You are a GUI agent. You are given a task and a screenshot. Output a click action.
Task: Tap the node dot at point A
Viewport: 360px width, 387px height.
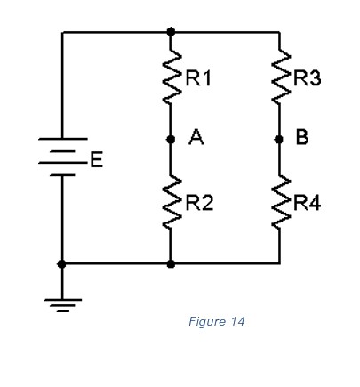[171, 139]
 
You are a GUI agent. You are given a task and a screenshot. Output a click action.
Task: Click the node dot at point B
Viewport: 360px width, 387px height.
[279, 139]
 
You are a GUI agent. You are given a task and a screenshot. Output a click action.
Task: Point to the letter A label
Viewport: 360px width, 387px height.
[196, 138]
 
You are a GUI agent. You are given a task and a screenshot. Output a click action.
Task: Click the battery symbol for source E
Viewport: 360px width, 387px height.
[62, 157]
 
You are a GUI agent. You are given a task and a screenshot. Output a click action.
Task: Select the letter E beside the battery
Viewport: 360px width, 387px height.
[96, 161]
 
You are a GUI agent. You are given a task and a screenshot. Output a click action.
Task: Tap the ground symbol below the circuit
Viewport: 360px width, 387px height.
[62, 302]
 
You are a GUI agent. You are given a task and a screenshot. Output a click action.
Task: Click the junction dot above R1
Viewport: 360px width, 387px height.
[171, 32]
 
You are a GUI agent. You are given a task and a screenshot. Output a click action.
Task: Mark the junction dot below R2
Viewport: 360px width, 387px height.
[171, 263]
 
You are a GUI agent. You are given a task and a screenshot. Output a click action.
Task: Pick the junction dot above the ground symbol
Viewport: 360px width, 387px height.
[62, 263]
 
